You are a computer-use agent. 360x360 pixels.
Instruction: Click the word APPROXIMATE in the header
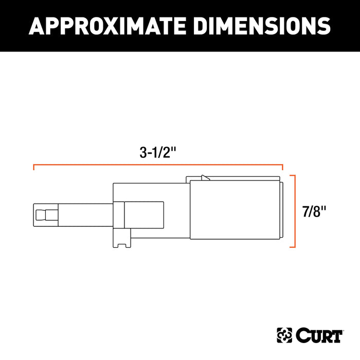tap(98, 25)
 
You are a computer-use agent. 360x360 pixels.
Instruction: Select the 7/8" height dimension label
tap(313, 211)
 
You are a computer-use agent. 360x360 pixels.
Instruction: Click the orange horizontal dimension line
tap(158, 165)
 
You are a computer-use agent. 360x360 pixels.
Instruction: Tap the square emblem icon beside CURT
tap(285, 336)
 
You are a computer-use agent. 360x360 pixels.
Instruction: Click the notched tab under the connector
tap(122, 242)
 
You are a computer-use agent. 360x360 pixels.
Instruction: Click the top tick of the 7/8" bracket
tap(292, 175)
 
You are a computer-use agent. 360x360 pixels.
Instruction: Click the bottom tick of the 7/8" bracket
tap(292, 247)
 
